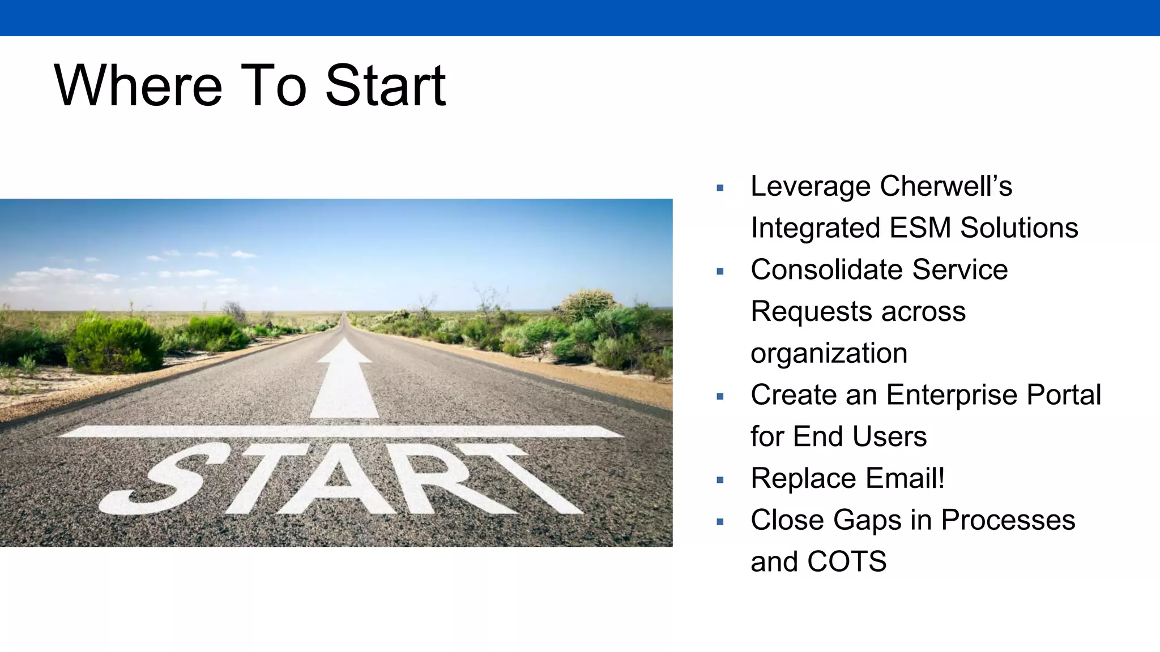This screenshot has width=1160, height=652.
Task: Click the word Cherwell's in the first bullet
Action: [946, 186]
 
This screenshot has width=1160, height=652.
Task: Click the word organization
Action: [829, 354]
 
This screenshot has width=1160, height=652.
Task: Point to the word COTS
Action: [847, 561]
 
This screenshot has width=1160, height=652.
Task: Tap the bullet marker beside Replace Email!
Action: [720, 480]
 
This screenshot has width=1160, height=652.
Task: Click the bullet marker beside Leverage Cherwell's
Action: [720, 188]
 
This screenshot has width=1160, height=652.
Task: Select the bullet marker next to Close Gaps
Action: [720, 522]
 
